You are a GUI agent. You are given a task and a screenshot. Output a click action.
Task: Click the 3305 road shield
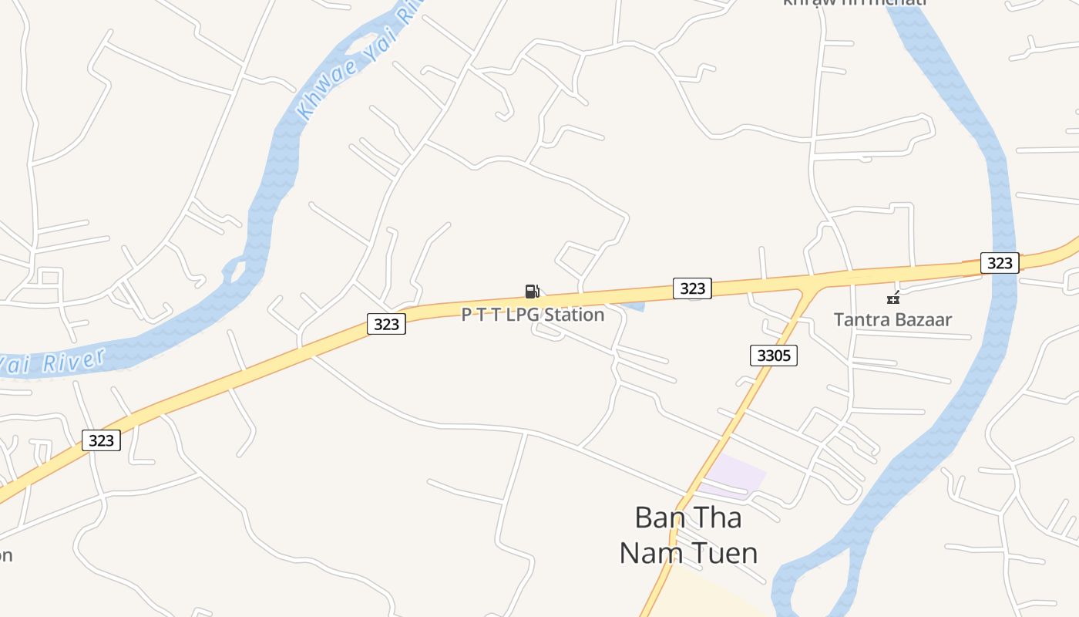coord(773,356)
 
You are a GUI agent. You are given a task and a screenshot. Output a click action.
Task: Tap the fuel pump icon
coord(532,291)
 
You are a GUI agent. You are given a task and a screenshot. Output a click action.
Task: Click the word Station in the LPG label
coord(574,315)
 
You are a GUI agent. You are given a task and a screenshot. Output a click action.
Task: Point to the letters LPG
coord(523,315)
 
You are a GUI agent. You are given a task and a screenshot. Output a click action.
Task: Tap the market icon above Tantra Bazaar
coord(893,297)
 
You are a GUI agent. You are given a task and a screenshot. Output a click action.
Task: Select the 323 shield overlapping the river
coord(1000,263)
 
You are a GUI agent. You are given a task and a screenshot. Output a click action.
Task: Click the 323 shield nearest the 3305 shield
coord(692,288)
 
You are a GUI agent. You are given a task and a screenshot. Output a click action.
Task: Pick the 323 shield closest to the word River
coord(101,440)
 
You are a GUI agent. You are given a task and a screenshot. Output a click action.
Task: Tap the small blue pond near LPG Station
coord(634,306)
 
